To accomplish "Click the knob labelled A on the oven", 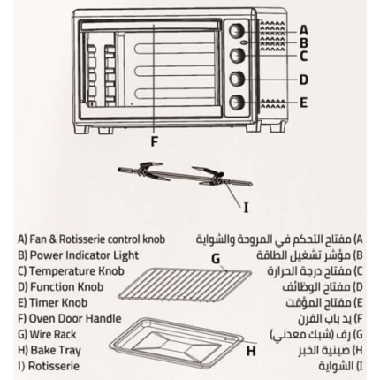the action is [236, 30].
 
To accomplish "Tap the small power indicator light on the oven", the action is [244, 42].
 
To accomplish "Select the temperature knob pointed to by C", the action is [236, 55].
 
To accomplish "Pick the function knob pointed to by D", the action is [236, 79].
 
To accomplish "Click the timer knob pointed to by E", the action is [236, 102].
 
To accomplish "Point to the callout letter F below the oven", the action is [155, 141].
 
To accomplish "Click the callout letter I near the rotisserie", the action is [246, 208].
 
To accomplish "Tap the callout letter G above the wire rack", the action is [216, 259].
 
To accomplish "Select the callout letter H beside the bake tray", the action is [251, 351].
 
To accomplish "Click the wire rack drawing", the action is [185, 285].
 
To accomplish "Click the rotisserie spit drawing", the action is [185, 177].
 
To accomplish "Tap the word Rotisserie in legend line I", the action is [54, 366].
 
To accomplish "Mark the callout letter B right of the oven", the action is [304, 43].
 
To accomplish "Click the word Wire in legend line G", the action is [40, 334].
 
